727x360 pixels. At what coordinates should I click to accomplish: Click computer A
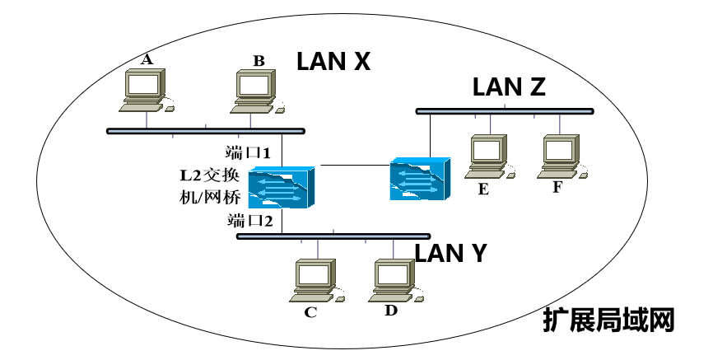(146, 89)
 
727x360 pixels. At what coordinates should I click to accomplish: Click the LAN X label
(334, 61)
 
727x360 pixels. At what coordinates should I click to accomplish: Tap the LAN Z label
(510, 88)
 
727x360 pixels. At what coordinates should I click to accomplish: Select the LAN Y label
(450, 253)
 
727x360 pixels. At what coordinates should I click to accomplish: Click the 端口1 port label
(249, 152)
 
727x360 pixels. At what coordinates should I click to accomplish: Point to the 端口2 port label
(249, 220)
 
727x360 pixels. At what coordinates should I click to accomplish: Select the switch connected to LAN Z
(420, 179)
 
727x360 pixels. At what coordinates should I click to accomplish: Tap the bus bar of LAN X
(206, 130)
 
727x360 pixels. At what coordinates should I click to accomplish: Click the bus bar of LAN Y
(333, 236)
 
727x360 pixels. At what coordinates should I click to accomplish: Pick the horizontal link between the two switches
(354, 166)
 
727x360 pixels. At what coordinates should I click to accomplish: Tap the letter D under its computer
(391, 310)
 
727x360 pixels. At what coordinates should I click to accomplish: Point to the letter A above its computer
(147, 58)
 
